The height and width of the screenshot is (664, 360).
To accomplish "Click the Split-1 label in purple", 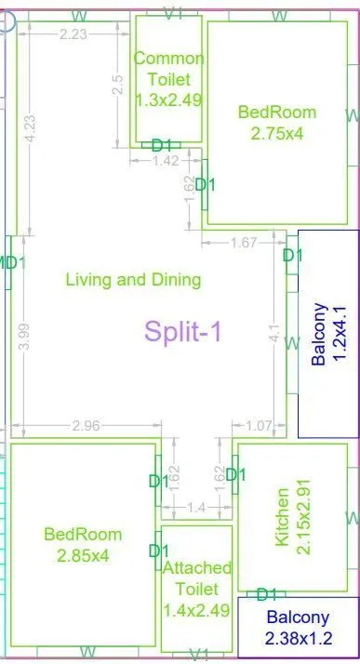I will click(x=182, y=331).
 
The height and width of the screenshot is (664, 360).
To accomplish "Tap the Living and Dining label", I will click(x=133, y=279).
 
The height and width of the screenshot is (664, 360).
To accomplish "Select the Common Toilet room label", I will click(x=168, y=78).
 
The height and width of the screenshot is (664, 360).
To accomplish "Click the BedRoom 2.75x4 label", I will click(x=277, y=123).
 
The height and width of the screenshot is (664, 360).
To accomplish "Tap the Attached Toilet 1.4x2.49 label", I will click(x=196, y=578).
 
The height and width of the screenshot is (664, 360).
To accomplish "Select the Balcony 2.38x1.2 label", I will click(x=298, y=628).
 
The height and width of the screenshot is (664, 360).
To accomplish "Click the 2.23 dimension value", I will click(x=73, y=34).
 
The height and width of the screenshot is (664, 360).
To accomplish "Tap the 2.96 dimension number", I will click(x=86, y=426).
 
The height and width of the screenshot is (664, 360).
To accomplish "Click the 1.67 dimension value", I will click(x=243, y=244).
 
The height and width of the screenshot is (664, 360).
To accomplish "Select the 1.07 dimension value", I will click(x=260, y=426).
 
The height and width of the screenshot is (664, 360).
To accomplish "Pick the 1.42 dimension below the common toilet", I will click(x=165, y=161).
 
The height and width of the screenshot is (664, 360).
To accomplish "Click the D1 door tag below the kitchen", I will click(x=268, y=594).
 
